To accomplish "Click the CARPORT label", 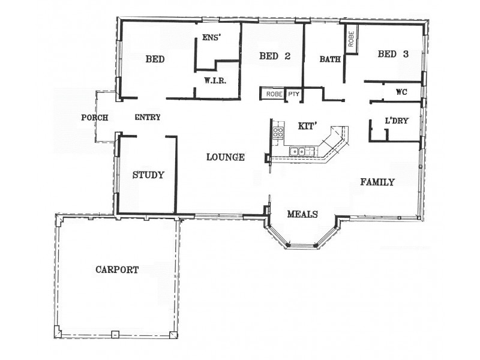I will pyautogui.click(x=117, y=270).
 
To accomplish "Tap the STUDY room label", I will pyautogui.click(x=148, y=175).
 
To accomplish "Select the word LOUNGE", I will pyautogui.click(x=226, y=158).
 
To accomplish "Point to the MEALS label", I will pyautogui.click(x=302, y=214).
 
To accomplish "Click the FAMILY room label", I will pyautogui.click(x=377, y=182).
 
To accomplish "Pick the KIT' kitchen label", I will pyautogui.click(x=307, y=126).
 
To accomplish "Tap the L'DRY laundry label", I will pyautogui.click(x=397, y=121).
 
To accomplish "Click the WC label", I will pyautogui.click(x=401, y=92).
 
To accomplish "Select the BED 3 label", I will pyautogui.click(x=393, y=55).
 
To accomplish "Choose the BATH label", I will pyautogui.click(x=330, y=59).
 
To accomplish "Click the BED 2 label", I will pyautogui.click(x=275, y=56).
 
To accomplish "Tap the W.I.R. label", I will pyautogui.click(x=214, y=80).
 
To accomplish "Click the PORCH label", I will pyautogui.click(x=94, y=118).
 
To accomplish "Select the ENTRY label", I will pyautogui.click(x=147, y=118).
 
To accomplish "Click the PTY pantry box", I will pyautogui.click(x=293, y=94).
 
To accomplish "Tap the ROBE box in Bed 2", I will pyautogui.click(x=273, y=94).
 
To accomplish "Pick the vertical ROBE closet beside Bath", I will pyautogui.click(x=350, y=40).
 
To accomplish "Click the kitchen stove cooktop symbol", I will pyautogui.click(x=278, y=133).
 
